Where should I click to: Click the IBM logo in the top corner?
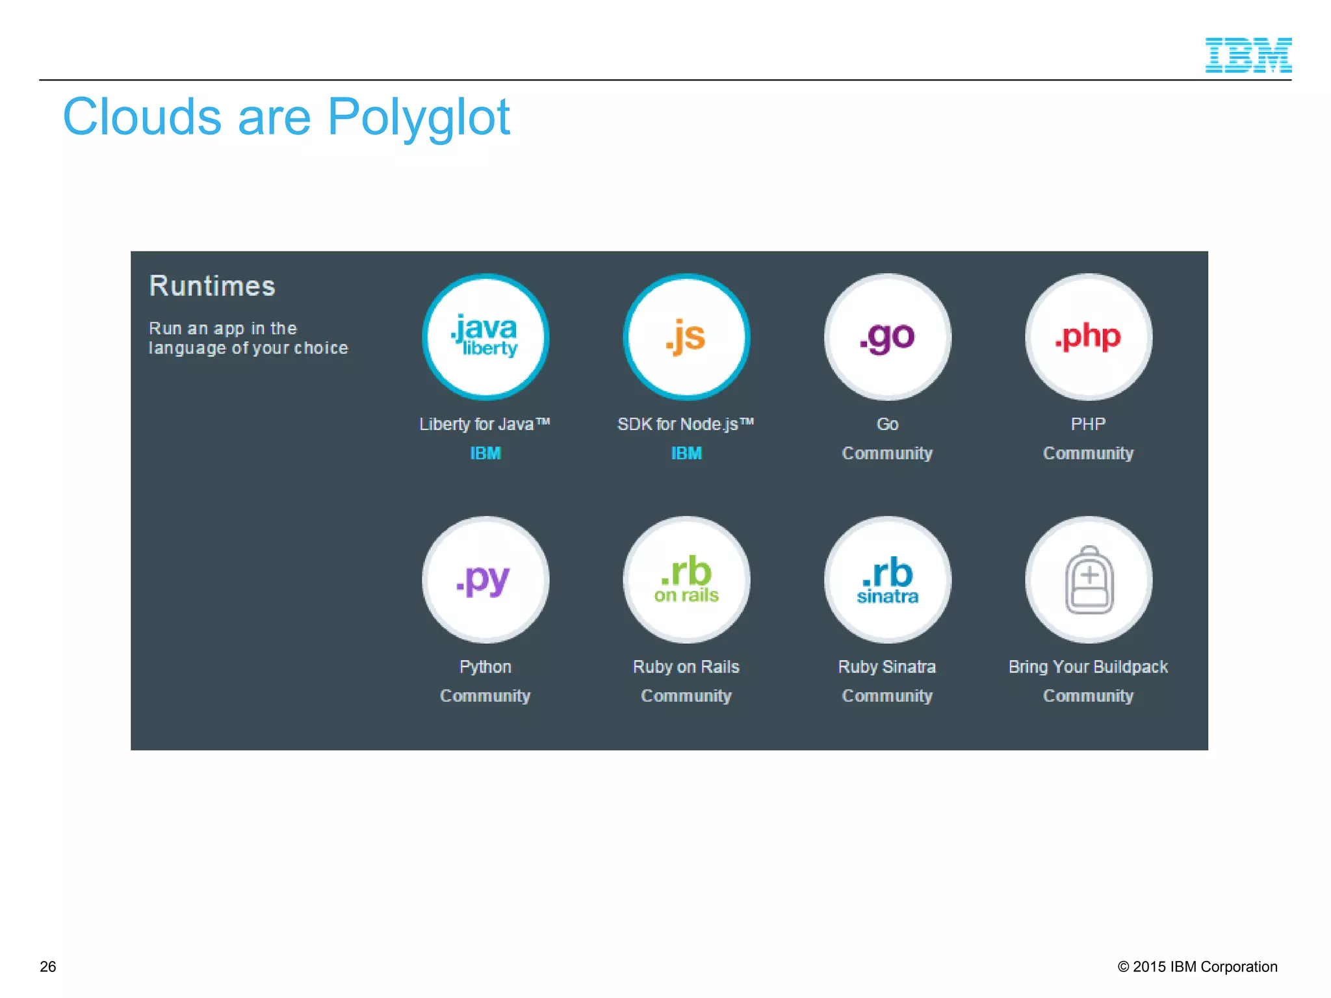pos(1248,55)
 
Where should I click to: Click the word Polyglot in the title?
pos(419,118)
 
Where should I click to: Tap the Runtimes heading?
pos(212,287)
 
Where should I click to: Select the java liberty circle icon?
pos(485,337)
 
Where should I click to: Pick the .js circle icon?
pos(686,337)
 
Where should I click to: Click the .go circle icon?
pos(887,337)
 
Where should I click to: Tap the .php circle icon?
pos(1088,337)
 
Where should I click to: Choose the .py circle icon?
pos(485,580)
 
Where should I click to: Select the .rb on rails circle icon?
pos(686,580)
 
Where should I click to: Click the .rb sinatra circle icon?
pos(887,580)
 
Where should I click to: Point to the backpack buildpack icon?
pos(1089,580)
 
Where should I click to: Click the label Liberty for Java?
pos(484,424)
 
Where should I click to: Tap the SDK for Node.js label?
pos(685,424)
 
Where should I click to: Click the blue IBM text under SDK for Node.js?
pos(686,454)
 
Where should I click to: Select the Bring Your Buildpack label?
pos(1088,667)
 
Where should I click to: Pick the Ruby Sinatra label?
pos(887,667)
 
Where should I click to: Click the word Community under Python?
pos(485,696)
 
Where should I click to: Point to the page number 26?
pos(48,967)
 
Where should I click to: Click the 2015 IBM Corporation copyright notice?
pos(1197,967)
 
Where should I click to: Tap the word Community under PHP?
pos(1088,454)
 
